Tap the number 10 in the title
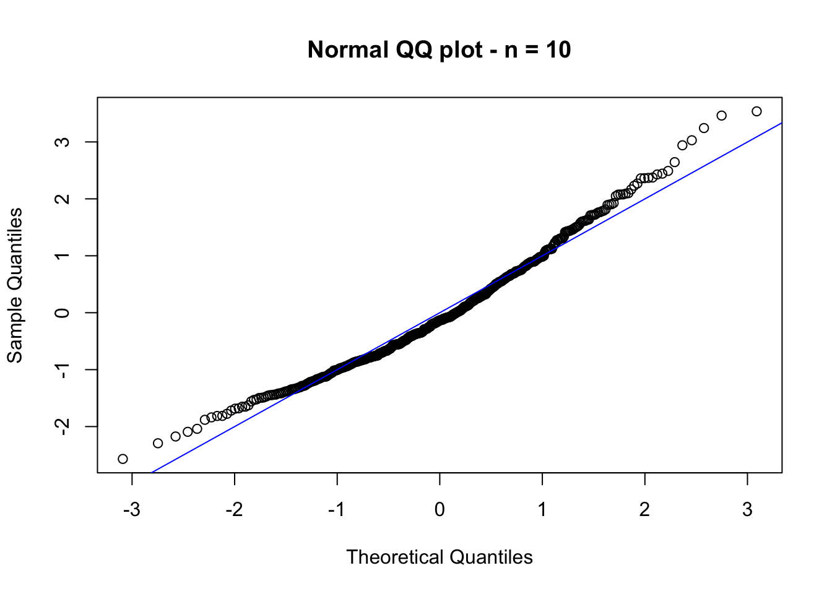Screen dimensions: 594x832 (558, 49)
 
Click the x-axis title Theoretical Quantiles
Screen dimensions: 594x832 (439, 557)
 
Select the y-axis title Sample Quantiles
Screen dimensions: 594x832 (15, 285)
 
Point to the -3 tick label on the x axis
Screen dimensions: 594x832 (131, 510)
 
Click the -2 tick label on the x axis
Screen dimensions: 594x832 (234, 510)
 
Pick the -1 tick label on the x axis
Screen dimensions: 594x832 (337, 510)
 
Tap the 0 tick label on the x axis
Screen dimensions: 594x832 (440, 510)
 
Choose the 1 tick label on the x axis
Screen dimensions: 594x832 (542, 510)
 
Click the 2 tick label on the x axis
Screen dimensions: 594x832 (645, 510)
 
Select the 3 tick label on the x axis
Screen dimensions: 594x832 (747, 510)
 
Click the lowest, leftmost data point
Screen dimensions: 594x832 (123, 458)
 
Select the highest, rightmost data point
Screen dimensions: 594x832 (756, 111)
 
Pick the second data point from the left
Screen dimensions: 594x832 (158, 443)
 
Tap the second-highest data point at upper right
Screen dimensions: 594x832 (721, 116)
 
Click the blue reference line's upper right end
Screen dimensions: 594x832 (781, 124)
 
